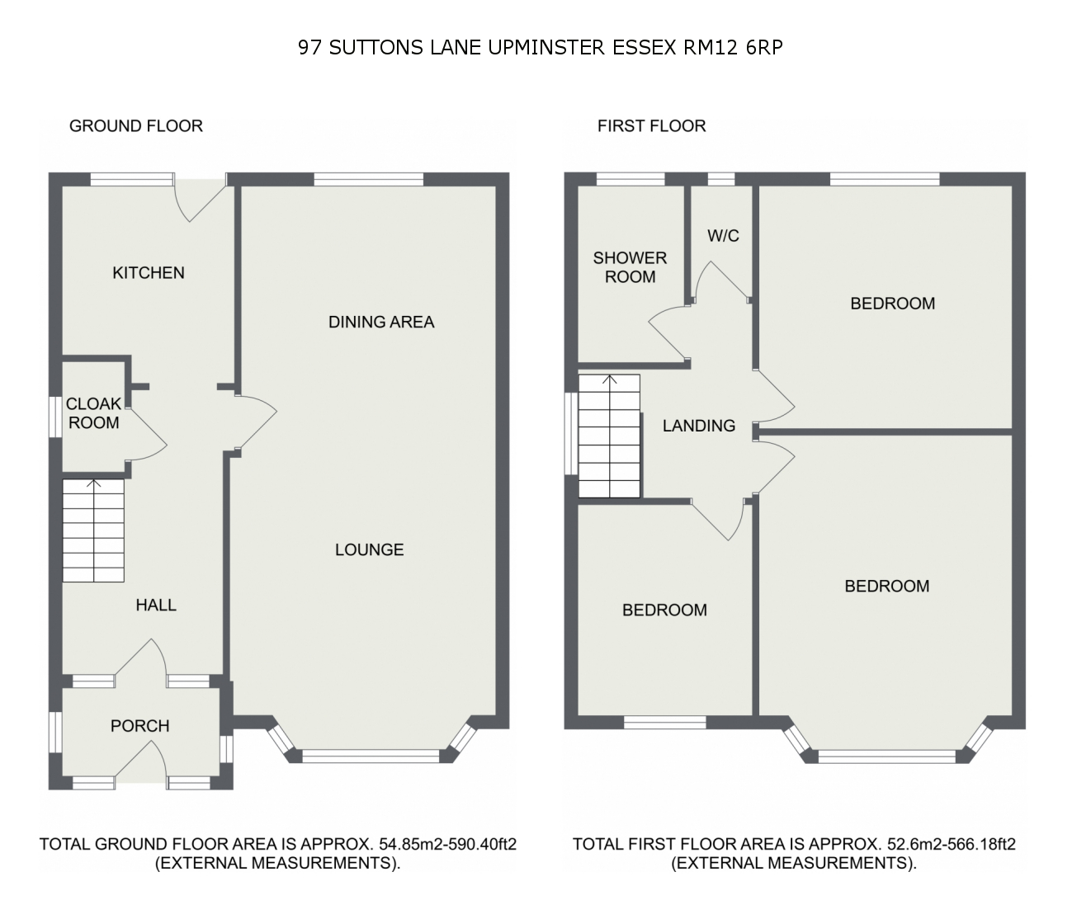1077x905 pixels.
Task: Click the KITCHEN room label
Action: (149, 273)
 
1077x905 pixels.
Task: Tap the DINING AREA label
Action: (381, 322)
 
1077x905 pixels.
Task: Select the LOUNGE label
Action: (370, 549)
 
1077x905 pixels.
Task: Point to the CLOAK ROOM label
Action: (93, 413)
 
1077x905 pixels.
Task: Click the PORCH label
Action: (139, 726)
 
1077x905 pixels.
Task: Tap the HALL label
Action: (156, 605)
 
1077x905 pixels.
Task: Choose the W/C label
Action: (723, 236)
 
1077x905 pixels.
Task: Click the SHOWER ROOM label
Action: (630, 267)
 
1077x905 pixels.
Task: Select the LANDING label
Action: (699, 426)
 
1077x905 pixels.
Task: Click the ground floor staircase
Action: (93, 530)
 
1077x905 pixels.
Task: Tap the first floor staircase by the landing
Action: (609, 436)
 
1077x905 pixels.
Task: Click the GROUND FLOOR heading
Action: (136, 126)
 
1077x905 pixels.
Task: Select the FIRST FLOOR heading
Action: (651, 126)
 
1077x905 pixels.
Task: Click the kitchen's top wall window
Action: (132, 179)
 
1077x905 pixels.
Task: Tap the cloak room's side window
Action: (55, 417)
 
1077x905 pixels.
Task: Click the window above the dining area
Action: (368, 179)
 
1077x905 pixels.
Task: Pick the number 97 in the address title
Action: (310, 48)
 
